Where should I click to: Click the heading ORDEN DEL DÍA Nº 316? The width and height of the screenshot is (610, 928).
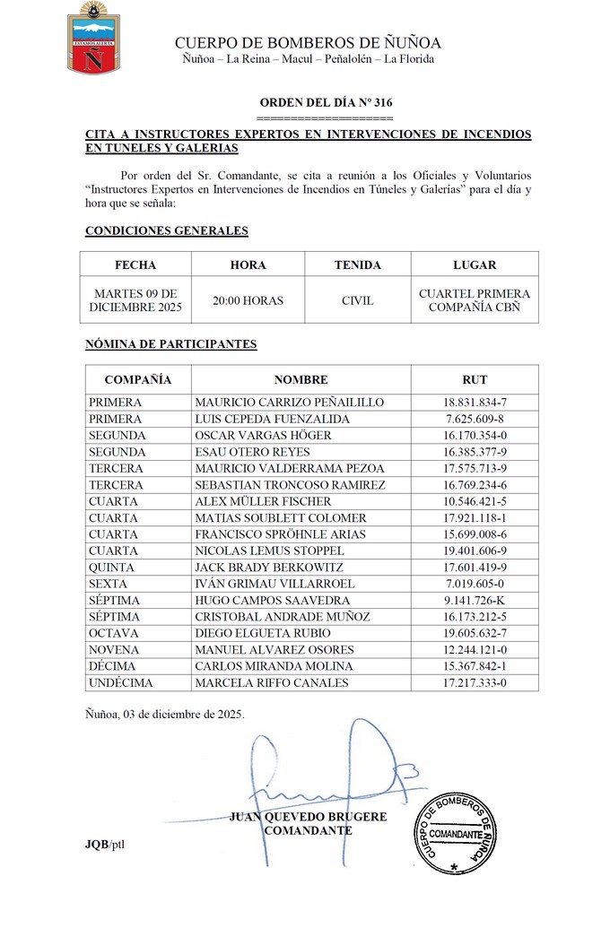(325, 103)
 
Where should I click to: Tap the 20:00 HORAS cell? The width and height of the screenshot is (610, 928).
(248, 300)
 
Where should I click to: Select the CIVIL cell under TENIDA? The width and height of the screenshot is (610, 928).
(357, 300)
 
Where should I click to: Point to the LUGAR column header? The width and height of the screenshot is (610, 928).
(475, 265)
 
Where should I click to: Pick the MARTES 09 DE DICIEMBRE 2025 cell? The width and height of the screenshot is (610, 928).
(135, 300)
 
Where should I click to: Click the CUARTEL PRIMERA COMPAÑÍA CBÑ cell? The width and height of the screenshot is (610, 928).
(475, 300)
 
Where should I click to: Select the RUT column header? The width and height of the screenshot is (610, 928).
(475, 379)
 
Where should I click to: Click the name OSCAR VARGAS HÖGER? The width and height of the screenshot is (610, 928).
(263, 435)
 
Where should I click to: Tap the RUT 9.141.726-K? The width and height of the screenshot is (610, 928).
(475, 600)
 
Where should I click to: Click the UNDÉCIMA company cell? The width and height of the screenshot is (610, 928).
(121, 682)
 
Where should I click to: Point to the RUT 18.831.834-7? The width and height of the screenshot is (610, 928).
(475, 403)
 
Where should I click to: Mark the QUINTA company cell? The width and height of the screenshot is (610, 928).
(111, 567)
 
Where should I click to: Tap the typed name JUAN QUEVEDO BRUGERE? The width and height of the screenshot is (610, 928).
(308, 817)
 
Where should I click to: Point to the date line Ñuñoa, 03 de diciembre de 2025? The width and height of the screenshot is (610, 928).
(164, 715)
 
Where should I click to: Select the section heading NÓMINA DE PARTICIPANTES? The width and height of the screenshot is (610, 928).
(170, 343)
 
